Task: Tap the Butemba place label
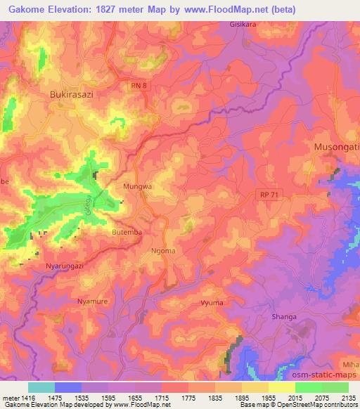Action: pyautogui.click(x=108, y=231)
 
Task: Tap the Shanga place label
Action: pyautogui.click(x=284, y=317)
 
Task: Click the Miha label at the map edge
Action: pyautogui.click(x=350, y=363)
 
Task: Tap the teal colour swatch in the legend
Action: pyautogui.click(x=41, y=387)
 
